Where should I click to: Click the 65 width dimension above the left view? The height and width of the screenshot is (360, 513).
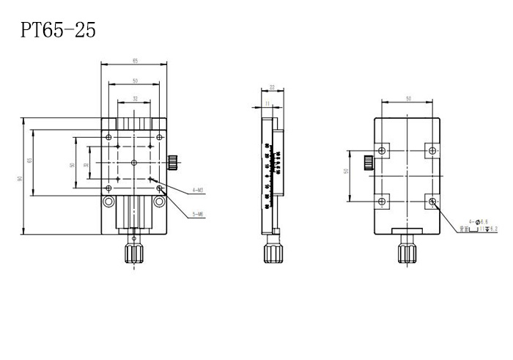[136, 60]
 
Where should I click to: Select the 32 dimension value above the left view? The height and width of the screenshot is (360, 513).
[136, 98]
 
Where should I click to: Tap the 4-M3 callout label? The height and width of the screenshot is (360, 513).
[198, 190]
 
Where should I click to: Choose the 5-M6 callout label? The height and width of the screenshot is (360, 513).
[198, 214]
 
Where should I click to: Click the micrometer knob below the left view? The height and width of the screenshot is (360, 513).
[133, 254]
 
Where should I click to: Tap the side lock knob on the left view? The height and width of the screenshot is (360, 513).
[174, 161]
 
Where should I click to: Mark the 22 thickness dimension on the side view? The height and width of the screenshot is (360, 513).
[272, 87]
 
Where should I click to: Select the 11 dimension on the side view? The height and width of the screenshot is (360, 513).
[268, 103]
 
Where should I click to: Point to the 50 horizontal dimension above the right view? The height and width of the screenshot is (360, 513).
[407, 98]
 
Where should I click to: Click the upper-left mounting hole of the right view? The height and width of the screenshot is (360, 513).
[381, 151]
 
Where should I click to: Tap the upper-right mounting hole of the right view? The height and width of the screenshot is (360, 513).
[432, 151]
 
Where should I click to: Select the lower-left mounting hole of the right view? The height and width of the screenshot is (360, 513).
[381, 201]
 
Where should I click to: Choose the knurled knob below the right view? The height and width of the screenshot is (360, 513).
[405, 253]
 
